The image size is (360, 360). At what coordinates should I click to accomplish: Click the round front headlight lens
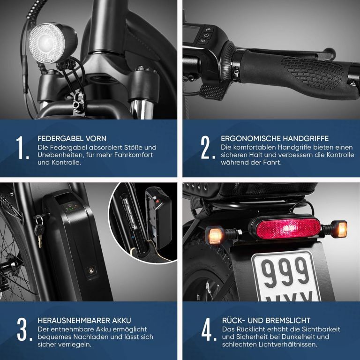pos(46,43)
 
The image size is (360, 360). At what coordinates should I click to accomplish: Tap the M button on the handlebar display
pos(203,41)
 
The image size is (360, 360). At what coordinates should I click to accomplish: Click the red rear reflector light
pos(288,229)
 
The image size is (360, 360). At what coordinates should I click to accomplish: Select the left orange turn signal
pos(215,235)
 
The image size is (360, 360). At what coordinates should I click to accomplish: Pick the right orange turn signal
pos(341,229)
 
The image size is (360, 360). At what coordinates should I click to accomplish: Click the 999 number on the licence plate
pos(285,272)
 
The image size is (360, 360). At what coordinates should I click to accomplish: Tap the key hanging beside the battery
pos(39,232)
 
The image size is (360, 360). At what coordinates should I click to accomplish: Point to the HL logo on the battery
pos(91,270)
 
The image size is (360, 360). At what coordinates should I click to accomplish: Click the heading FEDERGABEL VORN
pos(72,139)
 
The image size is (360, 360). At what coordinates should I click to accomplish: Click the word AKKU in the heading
pos(122,320)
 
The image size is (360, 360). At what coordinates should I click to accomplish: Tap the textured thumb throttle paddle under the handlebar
pos(212,92)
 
